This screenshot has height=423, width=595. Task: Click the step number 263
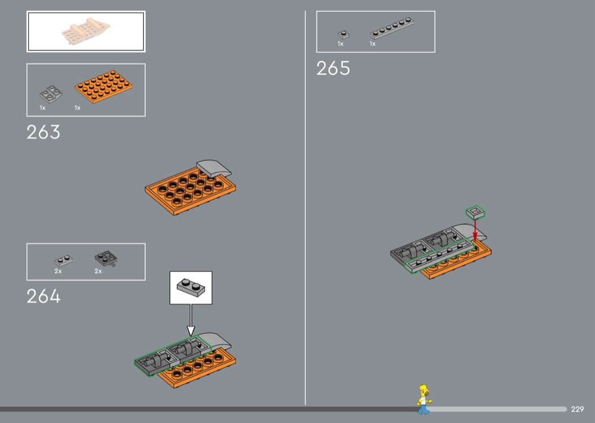click(x=43, y=132)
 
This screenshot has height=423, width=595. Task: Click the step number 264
click(x=43, y=296)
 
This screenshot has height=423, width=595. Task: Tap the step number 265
click(x=333, y=69)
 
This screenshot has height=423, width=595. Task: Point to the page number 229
click(x=577, y=409)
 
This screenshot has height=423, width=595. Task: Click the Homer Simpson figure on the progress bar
click(x=424, y=399)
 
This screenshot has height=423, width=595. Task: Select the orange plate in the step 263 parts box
click(x=104, y=86)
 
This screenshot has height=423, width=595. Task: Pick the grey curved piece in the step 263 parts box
click(x=51, y=94)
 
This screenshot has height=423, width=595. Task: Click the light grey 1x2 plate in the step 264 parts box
click(x=63, y=260)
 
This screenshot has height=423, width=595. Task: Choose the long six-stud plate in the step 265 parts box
click(x=392, y=28)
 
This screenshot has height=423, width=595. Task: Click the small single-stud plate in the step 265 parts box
click(x=343, y=35)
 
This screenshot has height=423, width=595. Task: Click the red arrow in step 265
click(x=475, y=230)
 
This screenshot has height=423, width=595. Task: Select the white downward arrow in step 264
click(x=191, y=320)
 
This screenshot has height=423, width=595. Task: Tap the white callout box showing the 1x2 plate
click(x=191, y=287)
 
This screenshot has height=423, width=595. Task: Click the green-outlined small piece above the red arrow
click(x=475, y=213)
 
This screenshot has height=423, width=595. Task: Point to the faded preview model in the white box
click(x=86, y=31)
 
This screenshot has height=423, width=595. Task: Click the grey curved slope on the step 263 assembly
click(x=214, y=168)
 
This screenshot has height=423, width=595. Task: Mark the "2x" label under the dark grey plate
click(x=98, y=271)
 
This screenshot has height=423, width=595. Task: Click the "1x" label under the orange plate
click(x=78, y=108)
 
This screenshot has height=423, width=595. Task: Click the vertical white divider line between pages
click(x=305, y=208)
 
